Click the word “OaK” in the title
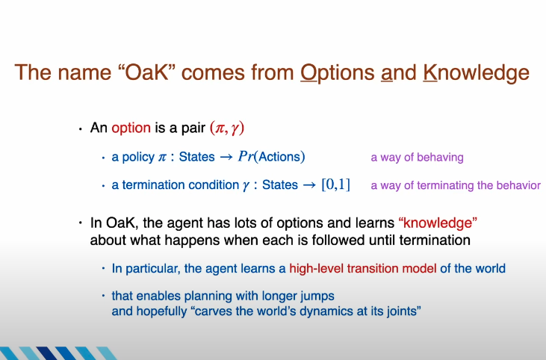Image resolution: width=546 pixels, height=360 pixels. pyautogui.click(x=146, y=72)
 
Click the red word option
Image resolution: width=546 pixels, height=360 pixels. pyautogui.click(x=131, y=128)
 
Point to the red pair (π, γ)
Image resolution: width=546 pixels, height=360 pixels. pyautogui.click(x=227, y=128)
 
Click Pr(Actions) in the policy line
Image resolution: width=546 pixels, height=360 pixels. pyautogui.click(x=272, y=157)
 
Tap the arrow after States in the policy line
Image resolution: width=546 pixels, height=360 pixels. pyautogui.click(x=226, y=157)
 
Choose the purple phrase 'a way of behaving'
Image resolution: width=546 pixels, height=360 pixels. pyautogui.click(x=418, y=158)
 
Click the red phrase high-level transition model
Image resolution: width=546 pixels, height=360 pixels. pyautogui.click(x=363, y=268)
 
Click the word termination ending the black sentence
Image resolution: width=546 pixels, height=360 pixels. pyautogui.click(x=435, y=240)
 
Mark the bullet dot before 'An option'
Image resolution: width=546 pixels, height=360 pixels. pyautogui.click(x=81, y=128)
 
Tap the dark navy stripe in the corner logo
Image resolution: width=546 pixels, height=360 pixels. pyautogui.click(x=46, y=353)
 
